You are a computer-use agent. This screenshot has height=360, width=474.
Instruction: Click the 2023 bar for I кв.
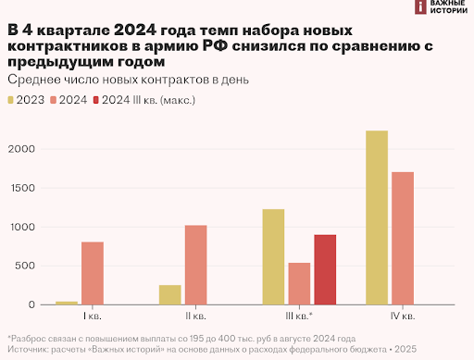click(x=67, y=303)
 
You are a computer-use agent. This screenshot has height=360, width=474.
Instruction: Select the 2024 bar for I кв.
click(x=93, y=273)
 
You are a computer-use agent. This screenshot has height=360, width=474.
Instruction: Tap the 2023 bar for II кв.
click(x=170, y=295)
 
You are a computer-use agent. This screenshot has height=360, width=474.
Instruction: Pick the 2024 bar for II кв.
click(x=196, y=265)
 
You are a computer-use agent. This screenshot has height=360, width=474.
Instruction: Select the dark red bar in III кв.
click(x=326, y=269)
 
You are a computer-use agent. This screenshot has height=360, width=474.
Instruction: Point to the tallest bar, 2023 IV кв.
click(x=377, y=217)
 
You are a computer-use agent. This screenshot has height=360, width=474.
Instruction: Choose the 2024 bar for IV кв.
click(x=403, y=238)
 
